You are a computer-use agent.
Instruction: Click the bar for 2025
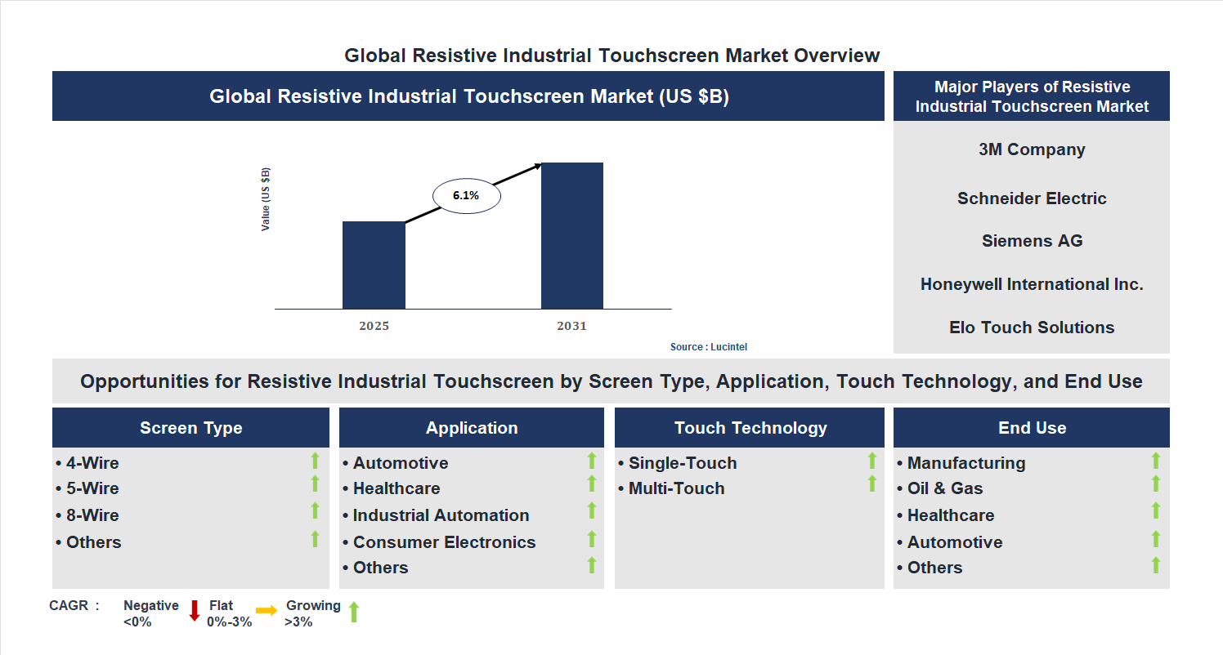[x=374, y=265]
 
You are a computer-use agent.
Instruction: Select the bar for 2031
[x=572, y=236]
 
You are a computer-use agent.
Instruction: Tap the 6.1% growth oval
[x=466, y=196]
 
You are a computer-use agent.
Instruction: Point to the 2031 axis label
[x=572, y=326]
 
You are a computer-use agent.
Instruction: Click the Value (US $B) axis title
[x=266, y=199]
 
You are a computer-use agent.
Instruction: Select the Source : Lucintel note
[x=709, y=347]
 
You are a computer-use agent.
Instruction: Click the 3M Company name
[x=1032, y=149]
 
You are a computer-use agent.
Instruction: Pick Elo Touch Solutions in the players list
[x=1032, y=327]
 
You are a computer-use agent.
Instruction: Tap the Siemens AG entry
[x=1032, y=241]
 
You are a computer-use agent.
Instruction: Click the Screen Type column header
[x=190, y=428]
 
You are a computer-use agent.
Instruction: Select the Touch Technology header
[x=750, y=428]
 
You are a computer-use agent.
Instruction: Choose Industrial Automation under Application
[x=441, y=515]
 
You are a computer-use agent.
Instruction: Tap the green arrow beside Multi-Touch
[x=871, y=484]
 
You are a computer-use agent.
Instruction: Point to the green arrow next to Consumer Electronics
[x=592, y=539]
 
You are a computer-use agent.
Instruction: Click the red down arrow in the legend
[x=195, y=611]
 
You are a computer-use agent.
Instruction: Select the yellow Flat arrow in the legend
[x=267, y=610]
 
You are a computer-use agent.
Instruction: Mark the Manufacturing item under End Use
[x=965, y=463]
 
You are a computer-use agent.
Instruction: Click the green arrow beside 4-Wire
[x=315, y=461]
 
